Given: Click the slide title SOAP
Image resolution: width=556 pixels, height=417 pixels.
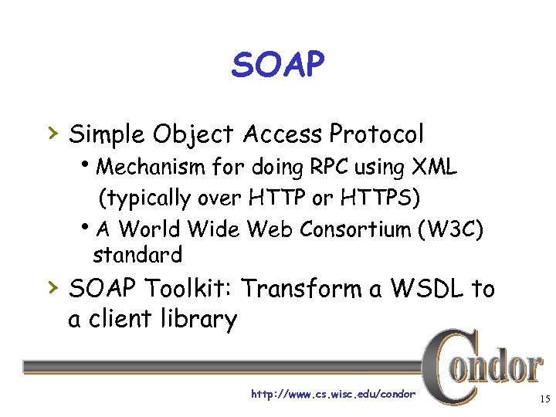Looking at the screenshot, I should click(277, 66).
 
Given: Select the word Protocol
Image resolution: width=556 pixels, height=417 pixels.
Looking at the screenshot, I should click(376, 134).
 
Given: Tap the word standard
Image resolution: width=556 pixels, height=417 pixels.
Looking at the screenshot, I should click(137, 254).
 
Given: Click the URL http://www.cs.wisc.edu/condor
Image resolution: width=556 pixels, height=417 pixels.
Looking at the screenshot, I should click(333, 394).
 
